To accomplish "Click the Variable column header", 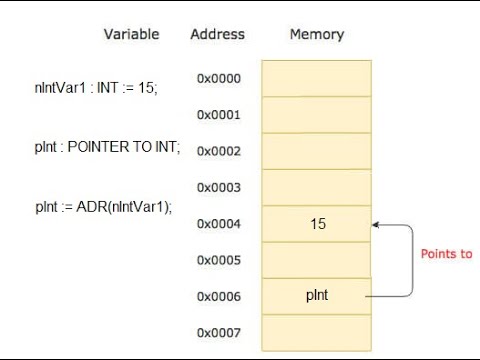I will (x=131, y=34).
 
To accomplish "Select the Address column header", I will (x=217, y=34).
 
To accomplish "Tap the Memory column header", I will (x=316, y=34).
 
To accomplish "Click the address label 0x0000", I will (x=218, y=78).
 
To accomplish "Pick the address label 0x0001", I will (x=218, y=115).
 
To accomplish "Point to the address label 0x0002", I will (x=218, y=151).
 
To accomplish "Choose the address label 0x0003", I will (x=218, y=187).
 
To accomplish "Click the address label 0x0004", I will (x=218, y=224).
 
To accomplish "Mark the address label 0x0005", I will (x=218, y=260).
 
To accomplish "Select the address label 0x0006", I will (x=218, y=297).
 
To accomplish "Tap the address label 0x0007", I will (x=218, y=332).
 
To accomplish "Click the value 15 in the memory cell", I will (x=318, y=224).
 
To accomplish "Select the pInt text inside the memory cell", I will (x=318, y=296).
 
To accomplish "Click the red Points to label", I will (x=445, y=254).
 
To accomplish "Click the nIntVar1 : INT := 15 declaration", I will (x=96, y=88).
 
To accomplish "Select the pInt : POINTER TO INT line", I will (x=107, y=147).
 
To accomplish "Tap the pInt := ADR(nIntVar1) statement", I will (x=104, y=207).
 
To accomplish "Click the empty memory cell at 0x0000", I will (x=318, y=78).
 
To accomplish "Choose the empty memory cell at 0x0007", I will (x=318, y=332).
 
